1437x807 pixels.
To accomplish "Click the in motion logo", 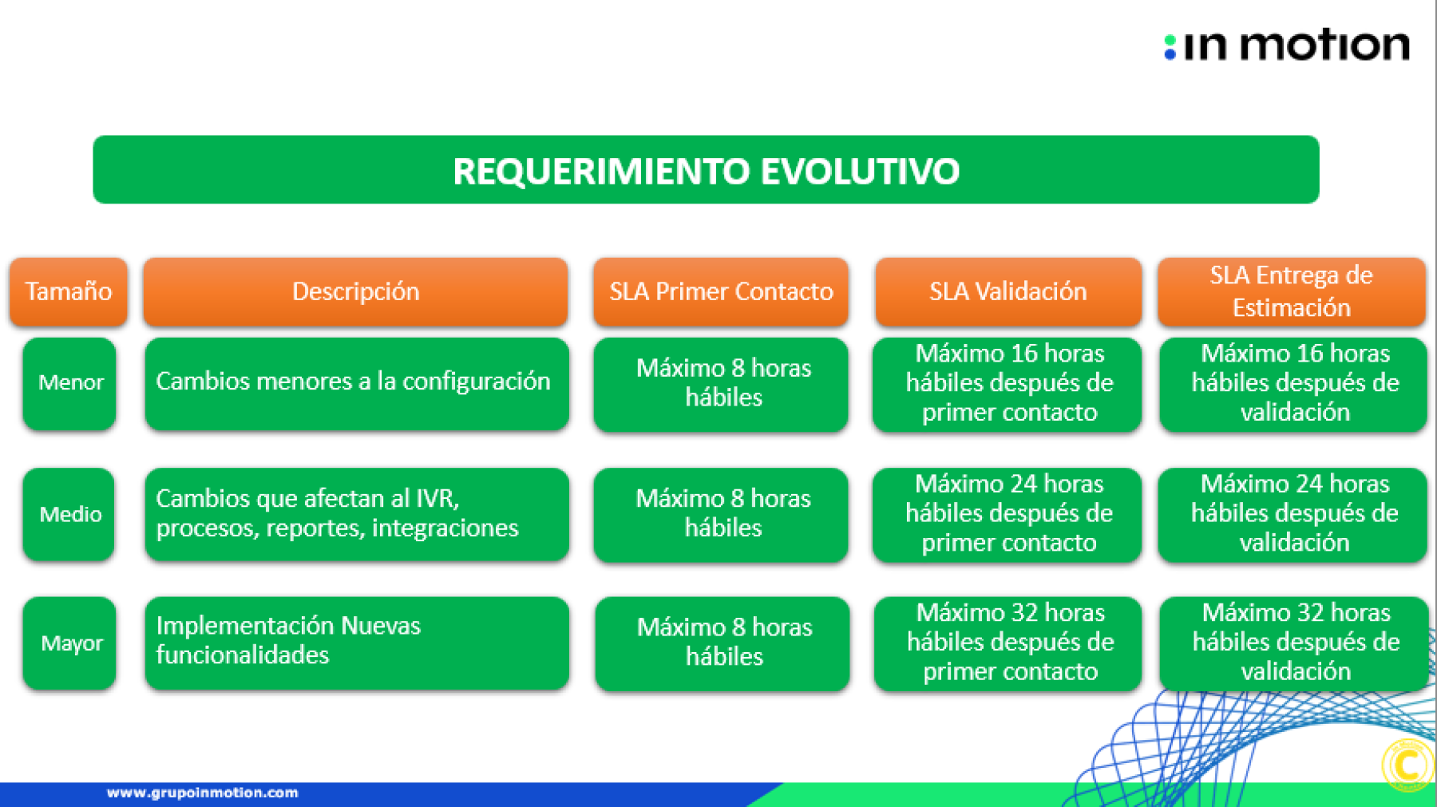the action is pos(1287,45).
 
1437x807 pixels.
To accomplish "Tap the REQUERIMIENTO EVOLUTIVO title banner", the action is pos(706,170).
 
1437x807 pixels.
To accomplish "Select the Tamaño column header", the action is pos(69,291).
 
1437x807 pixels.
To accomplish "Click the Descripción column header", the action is pos(356,291).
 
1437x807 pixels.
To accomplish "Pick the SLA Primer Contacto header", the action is pos(721,291).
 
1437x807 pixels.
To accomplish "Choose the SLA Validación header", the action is pos(1008,291).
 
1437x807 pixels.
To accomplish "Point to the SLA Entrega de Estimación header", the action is pos(1292,291).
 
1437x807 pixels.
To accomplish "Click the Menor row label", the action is pos(69,383).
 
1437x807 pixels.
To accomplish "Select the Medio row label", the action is pos(69,514).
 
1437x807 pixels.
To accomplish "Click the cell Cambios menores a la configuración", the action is pos(357,383).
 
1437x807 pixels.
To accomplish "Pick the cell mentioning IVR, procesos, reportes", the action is pos(357,514).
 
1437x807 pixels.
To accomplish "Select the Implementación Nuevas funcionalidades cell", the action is pos(357,643).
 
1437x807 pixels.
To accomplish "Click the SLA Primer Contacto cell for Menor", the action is pos(721,384).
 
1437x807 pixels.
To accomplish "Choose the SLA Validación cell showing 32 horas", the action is pos(1008,643).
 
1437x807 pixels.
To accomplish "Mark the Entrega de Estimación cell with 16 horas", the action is pos(1293,384).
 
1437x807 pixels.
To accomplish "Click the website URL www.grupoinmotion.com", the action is pos(203,793).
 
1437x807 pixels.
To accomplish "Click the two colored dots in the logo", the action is pos(1170,47).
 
